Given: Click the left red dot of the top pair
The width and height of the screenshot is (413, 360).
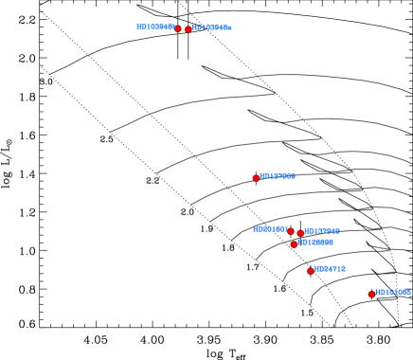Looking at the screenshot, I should [x=177, y=28].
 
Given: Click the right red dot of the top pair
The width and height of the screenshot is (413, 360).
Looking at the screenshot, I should [x=189, y=29].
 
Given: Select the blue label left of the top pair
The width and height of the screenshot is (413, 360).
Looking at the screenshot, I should [x=155, y=27].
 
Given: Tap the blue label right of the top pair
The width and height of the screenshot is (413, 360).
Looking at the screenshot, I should [x=211, y=28].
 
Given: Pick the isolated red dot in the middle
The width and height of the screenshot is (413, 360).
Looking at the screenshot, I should [x=256, y=178].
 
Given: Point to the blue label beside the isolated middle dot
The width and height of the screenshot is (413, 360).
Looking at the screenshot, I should [x=278, y=176].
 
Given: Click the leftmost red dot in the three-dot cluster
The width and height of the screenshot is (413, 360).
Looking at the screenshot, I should [x=291, y=231].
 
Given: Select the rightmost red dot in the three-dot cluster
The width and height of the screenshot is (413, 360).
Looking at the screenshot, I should [x=300, y=233].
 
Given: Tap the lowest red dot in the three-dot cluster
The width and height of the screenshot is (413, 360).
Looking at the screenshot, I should [x=294, y=244].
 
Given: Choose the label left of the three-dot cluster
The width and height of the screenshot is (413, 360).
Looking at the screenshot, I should [x=270, y=229].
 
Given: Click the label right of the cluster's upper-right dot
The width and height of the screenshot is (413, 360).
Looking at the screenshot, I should [x=322, y=231].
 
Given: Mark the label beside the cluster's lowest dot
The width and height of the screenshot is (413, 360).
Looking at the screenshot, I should [x=315, y=243].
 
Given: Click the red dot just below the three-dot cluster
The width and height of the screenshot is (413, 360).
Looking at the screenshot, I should [x=311, y=271].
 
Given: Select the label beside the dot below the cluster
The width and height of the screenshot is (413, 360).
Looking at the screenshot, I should [x=330, y=269].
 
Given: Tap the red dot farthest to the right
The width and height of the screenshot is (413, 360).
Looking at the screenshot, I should [x=371, y=295].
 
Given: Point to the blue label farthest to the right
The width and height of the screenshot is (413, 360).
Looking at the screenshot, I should [x=393, y=293].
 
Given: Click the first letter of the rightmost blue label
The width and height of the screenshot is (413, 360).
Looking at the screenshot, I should [x=377, y=293].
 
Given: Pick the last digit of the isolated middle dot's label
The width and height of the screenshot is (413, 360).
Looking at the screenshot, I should [x=293, y=176].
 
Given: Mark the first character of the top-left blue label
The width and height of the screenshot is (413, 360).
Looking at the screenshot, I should [x=138, y=27].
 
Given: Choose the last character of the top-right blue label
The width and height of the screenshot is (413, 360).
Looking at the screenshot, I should [x=228, y=28].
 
